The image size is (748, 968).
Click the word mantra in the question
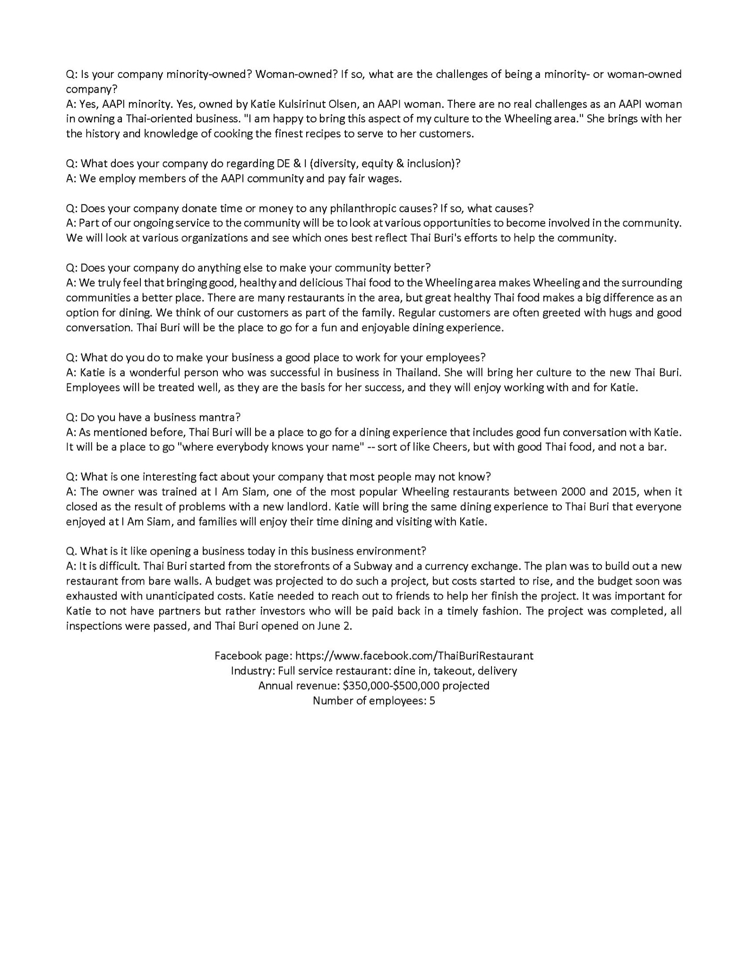219,417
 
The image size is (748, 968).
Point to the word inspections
94,626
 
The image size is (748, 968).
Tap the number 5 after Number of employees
432,700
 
